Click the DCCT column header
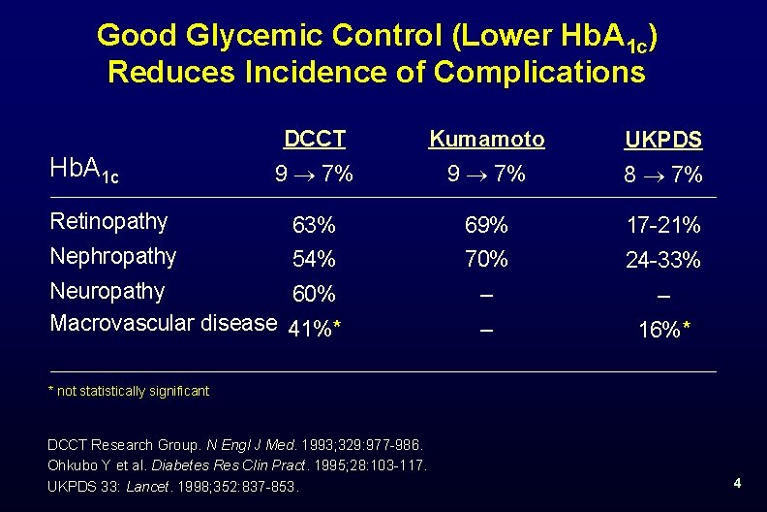click(315, 140)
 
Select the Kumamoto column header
click(487, 140)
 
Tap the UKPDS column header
click(664, 141)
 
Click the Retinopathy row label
click(108, 222)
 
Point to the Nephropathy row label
click(112, 257)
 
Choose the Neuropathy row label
click(107, 291)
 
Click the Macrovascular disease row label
click(163, 323)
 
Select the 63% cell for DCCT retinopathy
click(315, 226)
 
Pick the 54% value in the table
click(315, 260)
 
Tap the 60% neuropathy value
click(315, 294)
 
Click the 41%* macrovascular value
click(318, 329)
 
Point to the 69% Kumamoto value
click(486, 226)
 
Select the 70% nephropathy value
click(486, 260)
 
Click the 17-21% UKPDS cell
click(664, 226)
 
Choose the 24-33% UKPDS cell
click(664, 261)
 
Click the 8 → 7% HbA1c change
click(664, 176)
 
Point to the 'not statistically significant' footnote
click(129, 392)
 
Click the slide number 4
click(737, 483)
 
